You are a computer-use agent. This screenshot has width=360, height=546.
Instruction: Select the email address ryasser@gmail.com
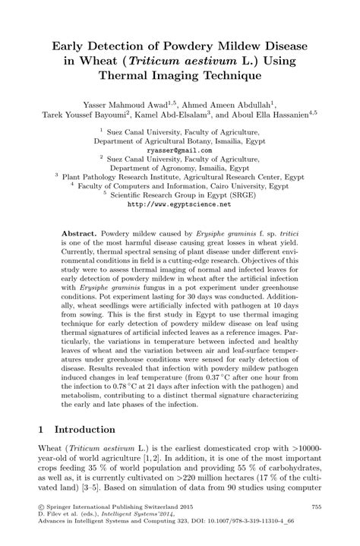[179, 150]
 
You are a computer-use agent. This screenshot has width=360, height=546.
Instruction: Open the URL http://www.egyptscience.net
[179, 204]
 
